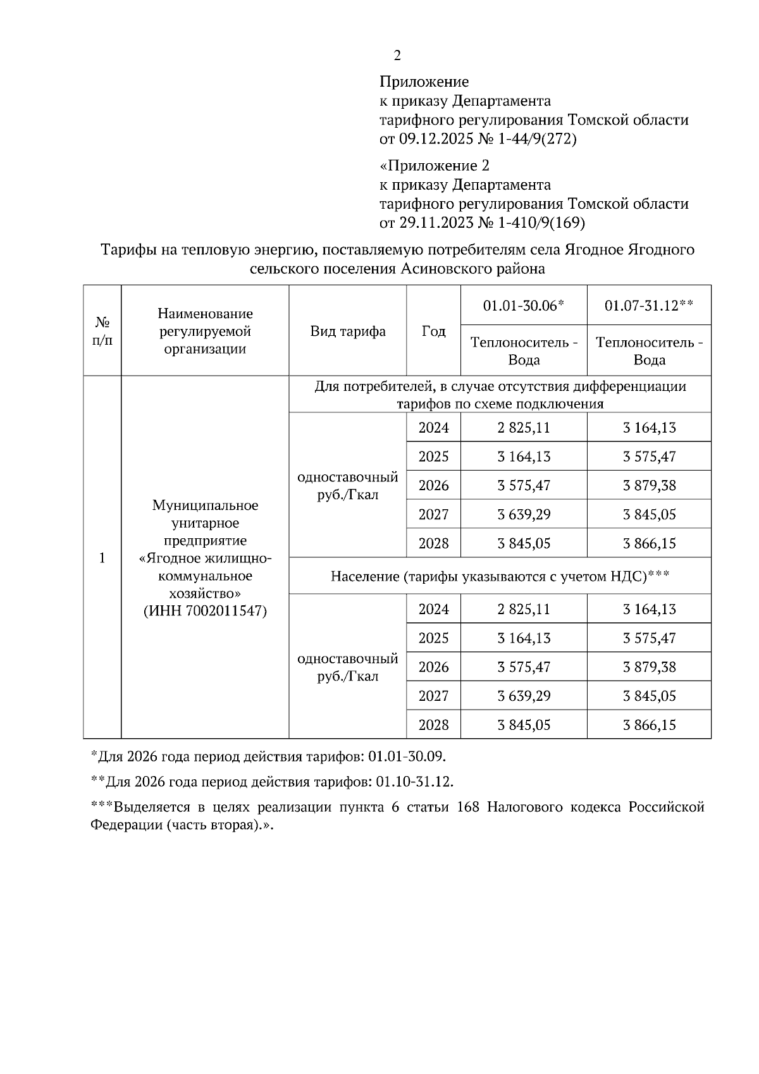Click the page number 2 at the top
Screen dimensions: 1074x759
tap(397, 56)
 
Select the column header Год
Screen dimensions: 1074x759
tap(433, 331)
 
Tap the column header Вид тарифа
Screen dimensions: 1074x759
tap(348, 331)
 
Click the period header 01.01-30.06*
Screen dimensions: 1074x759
tap(523, 306)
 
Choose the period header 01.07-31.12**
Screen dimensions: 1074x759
tap(649, 306)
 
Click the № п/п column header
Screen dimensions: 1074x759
tap(102, 331)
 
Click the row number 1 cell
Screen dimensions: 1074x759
tap(102, 557)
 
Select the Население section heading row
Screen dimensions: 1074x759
tap(500, 576)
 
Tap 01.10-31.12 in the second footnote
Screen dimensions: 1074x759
tap(414, 782)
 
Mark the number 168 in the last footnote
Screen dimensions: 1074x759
tap(466, 808)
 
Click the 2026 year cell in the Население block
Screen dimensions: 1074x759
tap(433, 667)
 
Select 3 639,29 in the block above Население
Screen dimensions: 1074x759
tap(524, 514)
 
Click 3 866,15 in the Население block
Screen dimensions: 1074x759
tap(649, 725)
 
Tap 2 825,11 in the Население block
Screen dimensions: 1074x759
tap(524, 609)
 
